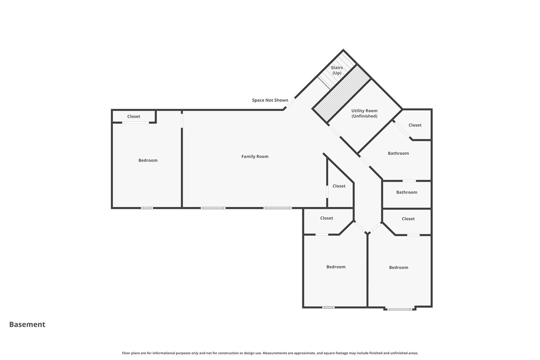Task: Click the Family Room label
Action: coord(255,157)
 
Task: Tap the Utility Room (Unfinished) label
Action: coord(364,113)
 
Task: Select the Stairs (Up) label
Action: coord(337,70)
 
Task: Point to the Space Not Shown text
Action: coord(270,100)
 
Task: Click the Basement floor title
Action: coord(27,325)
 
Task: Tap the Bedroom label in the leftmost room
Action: coord(148,161)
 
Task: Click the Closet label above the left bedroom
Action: coord(134,117)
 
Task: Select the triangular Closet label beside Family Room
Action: coord(339,186)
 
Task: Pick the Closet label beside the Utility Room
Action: coord(415,125)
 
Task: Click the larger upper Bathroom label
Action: coord(398,154)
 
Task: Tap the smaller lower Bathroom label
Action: coord(407,192)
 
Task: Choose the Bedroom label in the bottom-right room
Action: coord(398,268)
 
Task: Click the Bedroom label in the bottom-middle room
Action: coord(336,267)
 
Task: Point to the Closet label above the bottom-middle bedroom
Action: coord(327,218)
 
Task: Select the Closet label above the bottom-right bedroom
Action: coord(408,219)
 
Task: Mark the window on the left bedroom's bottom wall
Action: coord(147,208)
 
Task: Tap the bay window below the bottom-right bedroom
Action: coord(399,309)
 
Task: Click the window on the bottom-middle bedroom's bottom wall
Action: coord(328,307)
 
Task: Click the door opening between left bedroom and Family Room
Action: coord(182,120)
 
